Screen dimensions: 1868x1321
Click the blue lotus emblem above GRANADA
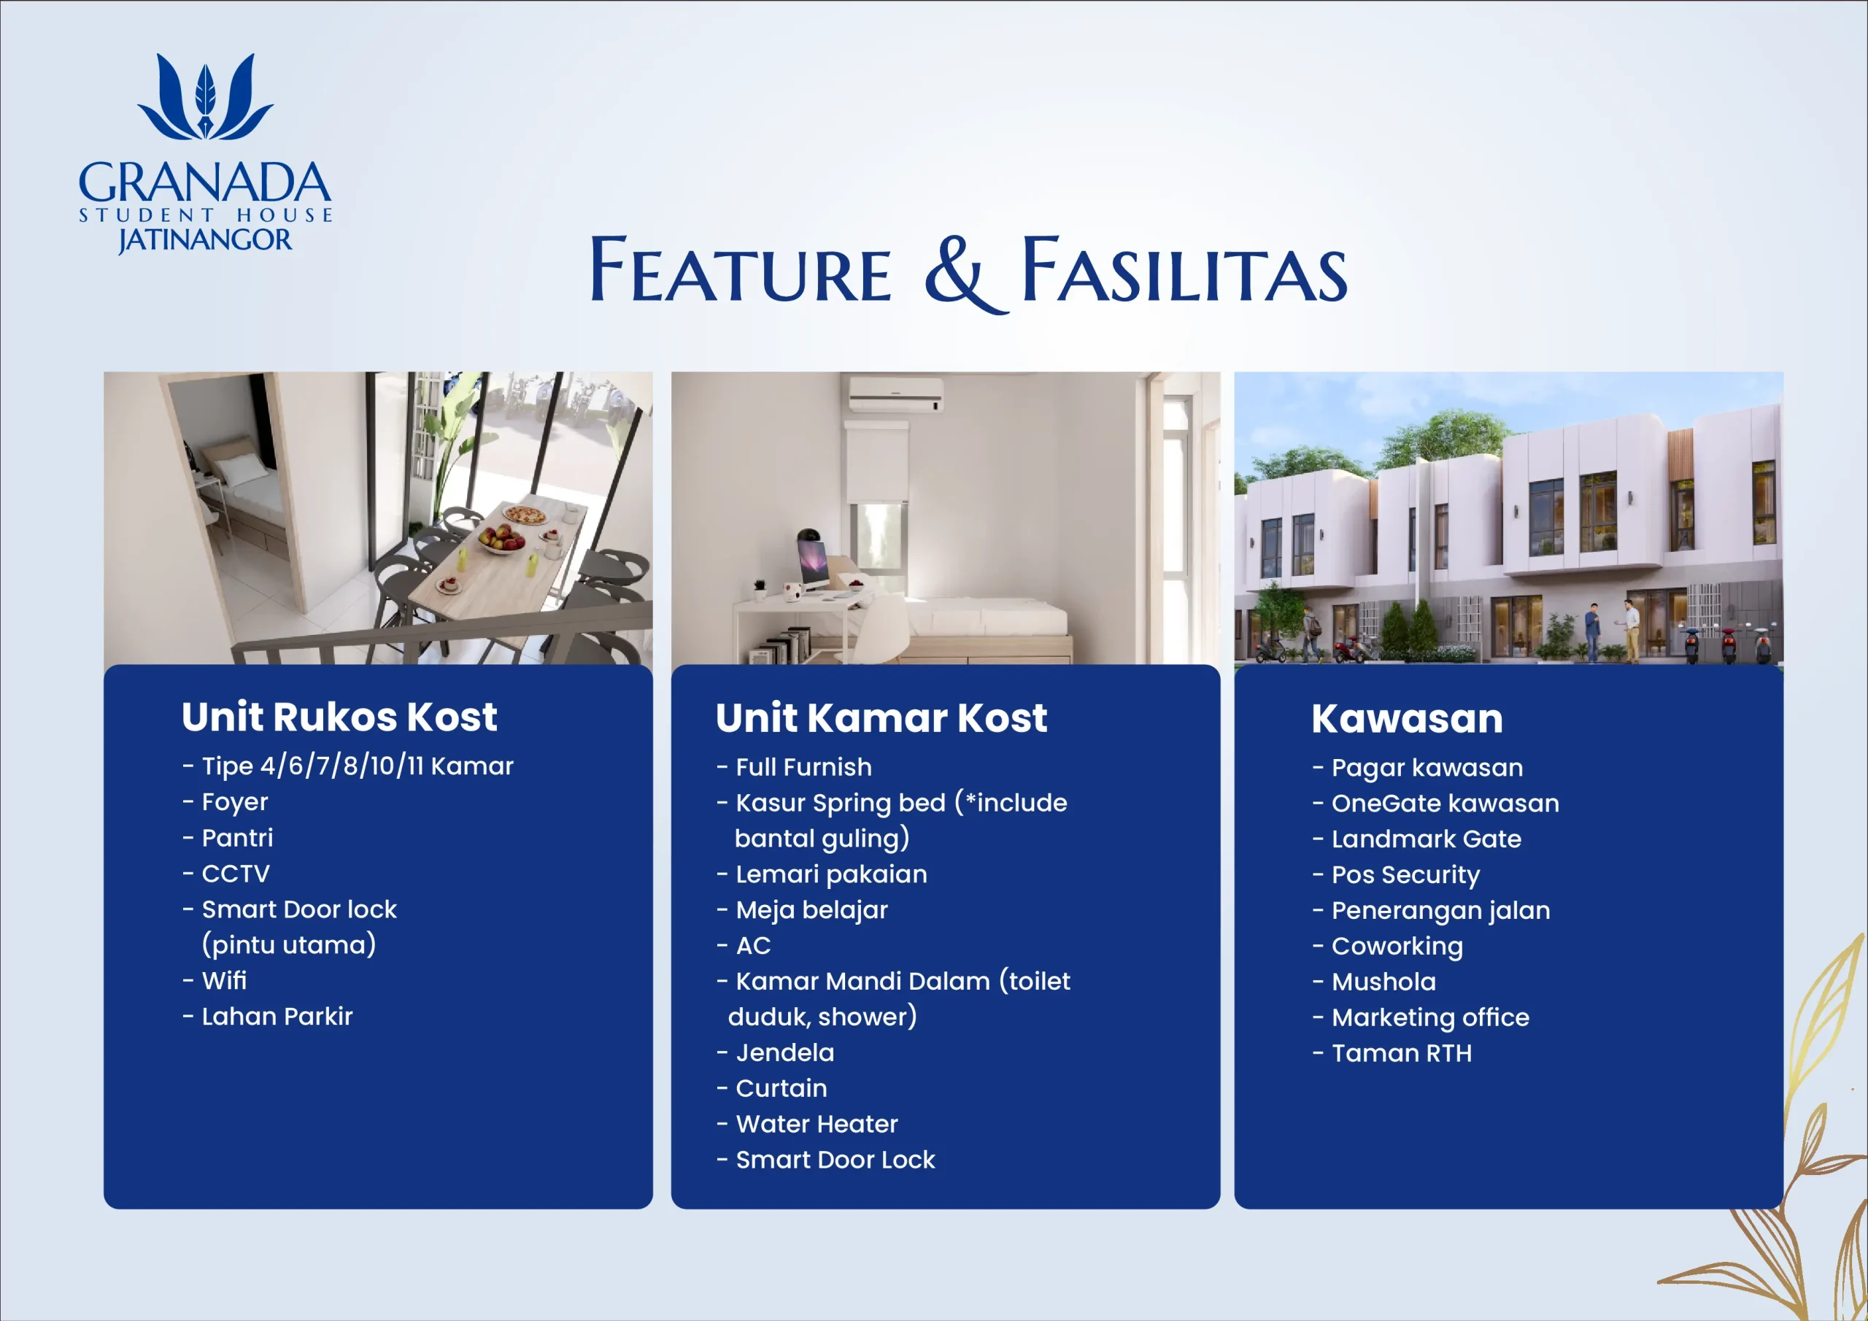(206, 97)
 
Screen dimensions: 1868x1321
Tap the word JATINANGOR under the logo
(205, 240)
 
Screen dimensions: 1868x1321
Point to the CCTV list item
(235, 874)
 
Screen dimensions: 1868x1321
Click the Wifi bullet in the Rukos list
(224, 980)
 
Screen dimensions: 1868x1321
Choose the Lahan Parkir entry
(277, 1016)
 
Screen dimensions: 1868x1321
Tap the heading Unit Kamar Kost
(882, 718)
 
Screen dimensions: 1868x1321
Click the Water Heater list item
(817, 1123)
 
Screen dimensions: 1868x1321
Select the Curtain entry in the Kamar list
(781, 1088)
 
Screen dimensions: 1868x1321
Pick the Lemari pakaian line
(832, 874)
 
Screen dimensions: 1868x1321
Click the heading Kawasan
(1408, 718)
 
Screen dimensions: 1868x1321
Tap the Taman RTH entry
(1401, 1053)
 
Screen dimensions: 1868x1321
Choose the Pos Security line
(1405, 875)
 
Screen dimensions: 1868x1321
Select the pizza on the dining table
(525, 515)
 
